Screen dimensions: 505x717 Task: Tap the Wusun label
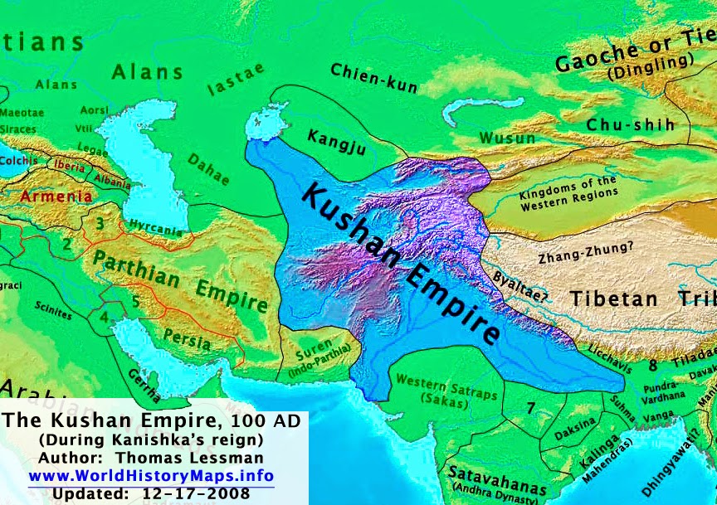(502, 137)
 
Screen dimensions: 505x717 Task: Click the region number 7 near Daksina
(531, 408)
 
